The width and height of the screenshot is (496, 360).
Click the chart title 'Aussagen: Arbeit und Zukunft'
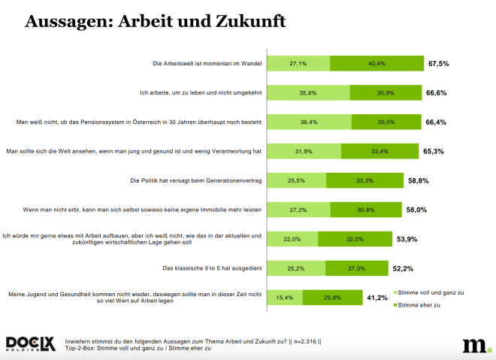pos(155,21)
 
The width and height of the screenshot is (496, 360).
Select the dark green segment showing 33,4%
pos(380,151)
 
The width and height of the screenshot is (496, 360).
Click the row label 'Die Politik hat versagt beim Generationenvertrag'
pos(195,180)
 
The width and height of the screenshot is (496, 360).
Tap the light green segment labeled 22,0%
pos(292,239)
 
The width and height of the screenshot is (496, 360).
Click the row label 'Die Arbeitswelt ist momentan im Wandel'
pos(207,65)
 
